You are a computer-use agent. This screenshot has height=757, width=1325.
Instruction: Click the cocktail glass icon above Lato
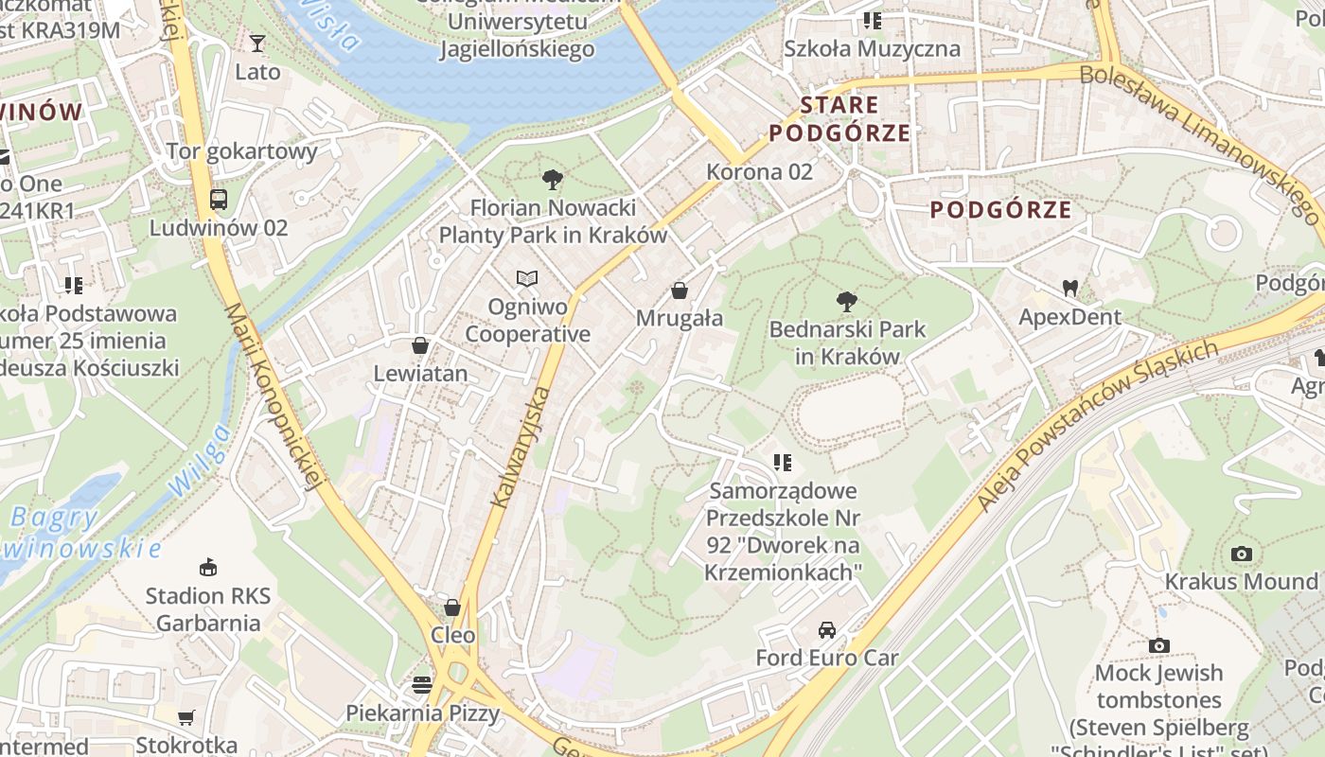(x=257, y=43)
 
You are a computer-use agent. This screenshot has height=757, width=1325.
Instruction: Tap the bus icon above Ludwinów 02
(x=219, y=200)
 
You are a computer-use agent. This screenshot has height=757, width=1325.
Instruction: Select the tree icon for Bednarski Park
(x=847, y=302)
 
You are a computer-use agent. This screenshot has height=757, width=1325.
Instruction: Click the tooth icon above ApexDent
(x=1070, y=288)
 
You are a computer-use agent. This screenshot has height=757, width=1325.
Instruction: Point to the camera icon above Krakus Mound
(x=1242, y=554)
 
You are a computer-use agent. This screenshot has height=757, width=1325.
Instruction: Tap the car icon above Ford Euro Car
(x=827, y=629)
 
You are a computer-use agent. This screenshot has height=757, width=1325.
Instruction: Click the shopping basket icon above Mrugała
(x=679, y=290)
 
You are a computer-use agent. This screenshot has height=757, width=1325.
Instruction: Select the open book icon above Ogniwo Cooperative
(x=527, y=278)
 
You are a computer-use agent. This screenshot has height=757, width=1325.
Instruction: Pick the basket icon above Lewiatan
(x=420, y=345)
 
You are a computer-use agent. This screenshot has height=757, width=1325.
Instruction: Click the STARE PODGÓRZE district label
(x=839, y=118)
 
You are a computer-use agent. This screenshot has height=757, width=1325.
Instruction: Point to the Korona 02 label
(x=760, y=171)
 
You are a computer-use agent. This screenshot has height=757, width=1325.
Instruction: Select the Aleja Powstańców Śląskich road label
(x=1098, y=426)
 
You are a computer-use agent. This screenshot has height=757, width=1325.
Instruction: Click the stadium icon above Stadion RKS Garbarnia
(x=208, y=568)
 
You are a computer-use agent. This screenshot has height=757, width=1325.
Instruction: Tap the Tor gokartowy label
(x=242, y=150)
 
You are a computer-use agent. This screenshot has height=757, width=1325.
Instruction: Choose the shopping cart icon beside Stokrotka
(x=186, y=718)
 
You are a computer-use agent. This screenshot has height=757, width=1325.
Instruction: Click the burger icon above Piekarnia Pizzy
(x=422, y=684)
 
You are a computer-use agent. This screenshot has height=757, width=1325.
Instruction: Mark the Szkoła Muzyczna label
(x=872, y=48)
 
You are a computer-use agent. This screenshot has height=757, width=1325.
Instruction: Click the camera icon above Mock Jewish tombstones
(x=1159, y=645)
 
